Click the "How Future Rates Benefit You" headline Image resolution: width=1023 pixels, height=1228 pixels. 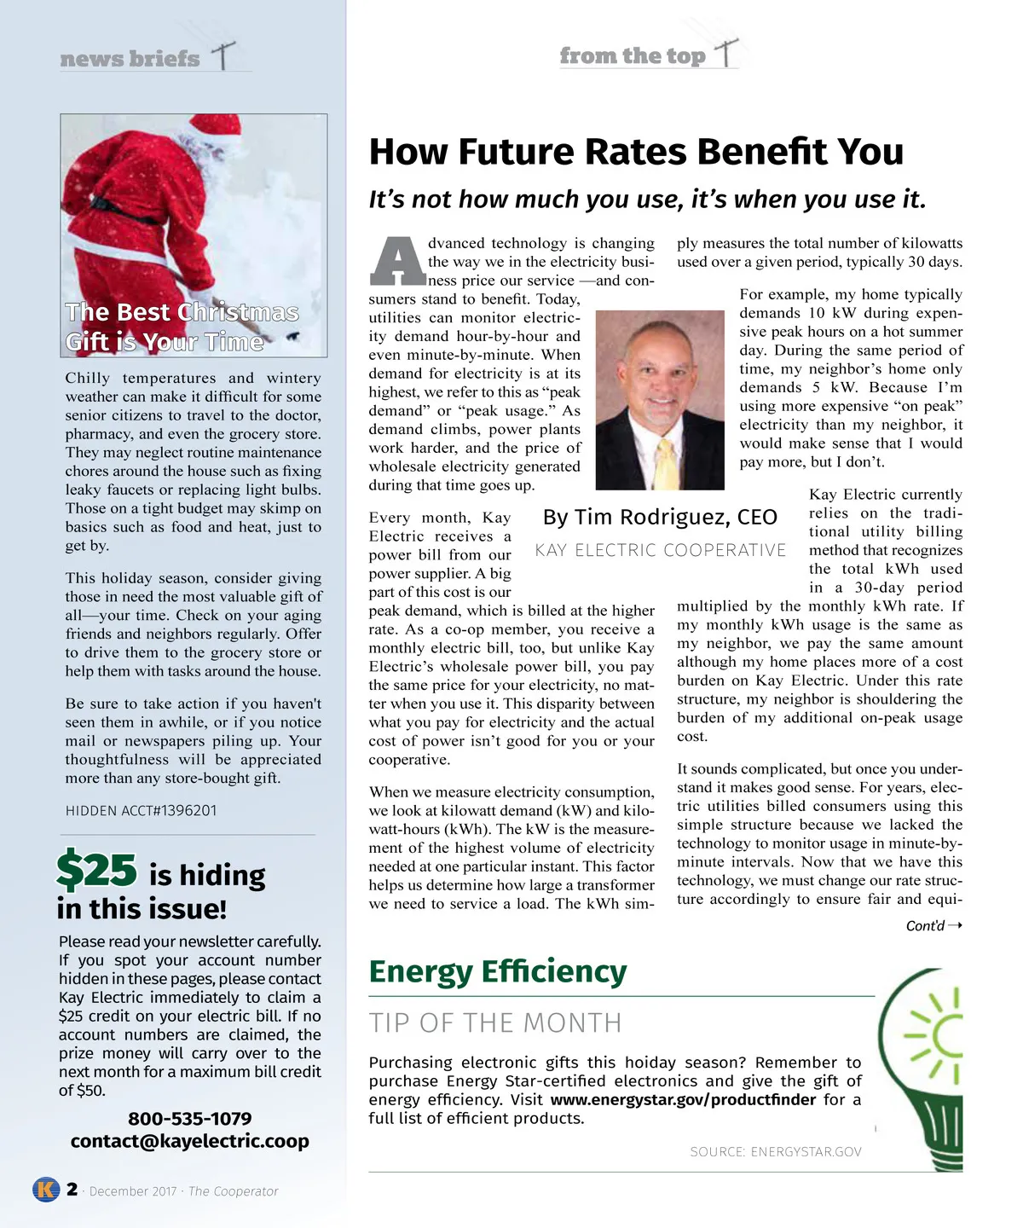636,153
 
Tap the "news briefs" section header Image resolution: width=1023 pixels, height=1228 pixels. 130,59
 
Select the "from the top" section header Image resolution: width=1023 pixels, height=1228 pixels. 633,56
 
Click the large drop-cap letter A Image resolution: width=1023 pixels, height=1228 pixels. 396,260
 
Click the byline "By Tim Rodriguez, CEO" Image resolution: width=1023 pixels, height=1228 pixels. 660,518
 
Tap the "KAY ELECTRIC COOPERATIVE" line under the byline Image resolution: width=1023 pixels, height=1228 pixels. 661,551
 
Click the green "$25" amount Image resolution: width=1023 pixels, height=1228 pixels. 96,871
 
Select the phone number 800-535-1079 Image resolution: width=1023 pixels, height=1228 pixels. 189,1119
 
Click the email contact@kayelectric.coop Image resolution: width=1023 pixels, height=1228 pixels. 189,1141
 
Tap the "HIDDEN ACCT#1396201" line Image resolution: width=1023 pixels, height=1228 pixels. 142,811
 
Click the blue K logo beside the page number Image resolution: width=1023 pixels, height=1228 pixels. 46,1189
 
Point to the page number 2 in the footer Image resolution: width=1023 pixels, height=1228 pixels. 72,1189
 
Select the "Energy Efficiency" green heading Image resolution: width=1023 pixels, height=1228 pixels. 497,971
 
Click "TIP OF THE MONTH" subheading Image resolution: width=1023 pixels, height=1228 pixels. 495,1022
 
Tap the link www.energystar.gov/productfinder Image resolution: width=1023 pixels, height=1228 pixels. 683,1100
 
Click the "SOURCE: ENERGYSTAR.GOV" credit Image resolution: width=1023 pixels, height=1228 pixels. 776,1152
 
